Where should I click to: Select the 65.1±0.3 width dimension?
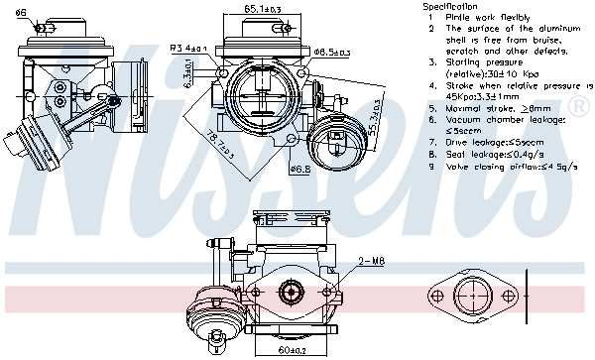(x=262, y=9)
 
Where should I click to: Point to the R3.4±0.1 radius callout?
(x=187, y=47)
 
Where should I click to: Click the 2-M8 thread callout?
(x=371, y=261)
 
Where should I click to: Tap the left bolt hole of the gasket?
(x=437, y=297)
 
